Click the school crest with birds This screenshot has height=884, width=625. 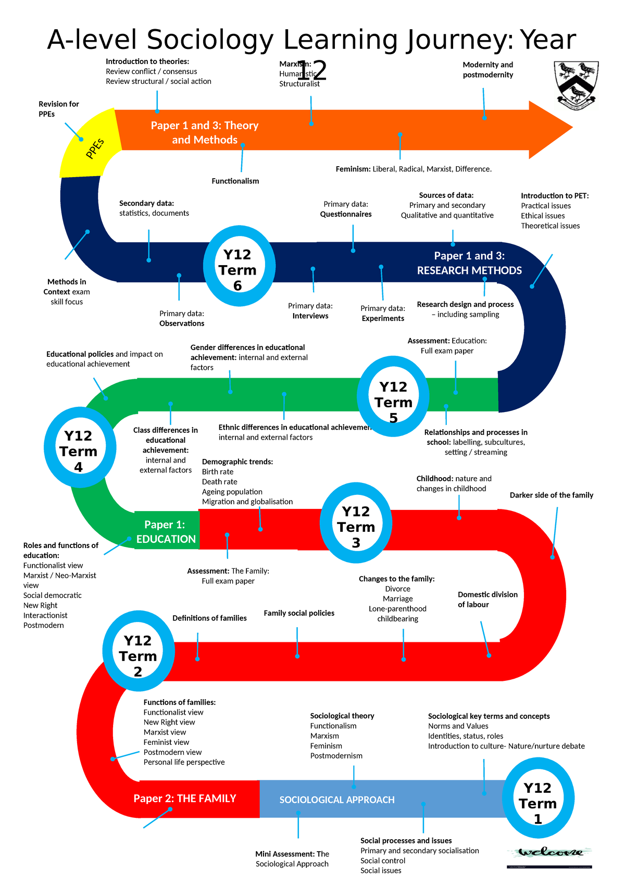point(576,84)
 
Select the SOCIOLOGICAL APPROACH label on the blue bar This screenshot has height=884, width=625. point(337,800)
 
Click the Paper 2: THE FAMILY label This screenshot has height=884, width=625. point(185,799)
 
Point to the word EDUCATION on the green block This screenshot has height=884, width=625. point(166,539)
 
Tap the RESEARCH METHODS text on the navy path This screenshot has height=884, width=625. point(469,270)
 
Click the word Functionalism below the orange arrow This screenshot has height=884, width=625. point(235,181)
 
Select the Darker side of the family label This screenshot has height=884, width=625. point(552,495)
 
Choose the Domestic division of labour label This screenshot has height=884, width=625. point(488,600)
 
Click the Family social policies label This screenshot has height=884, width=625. point(299,613)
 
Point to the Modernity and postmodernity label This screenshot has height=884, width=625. point(488,70)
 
